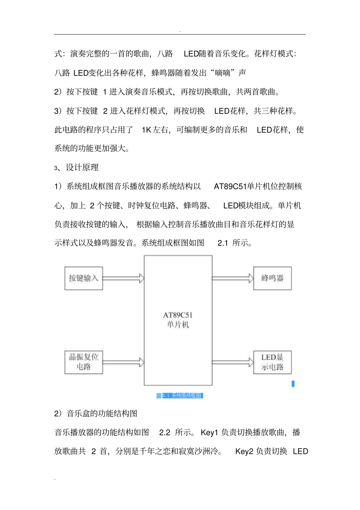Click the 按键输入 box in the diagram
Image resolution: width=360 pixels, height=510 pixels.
(x=83, y=278)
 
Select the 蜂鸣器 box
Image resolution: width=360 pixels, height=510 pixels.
(x=272, y=278)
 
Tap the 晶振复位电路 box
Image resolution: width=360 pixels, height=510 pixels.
(x=83, y=362)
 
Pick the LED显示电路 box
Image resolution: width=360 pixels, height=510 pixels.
(x=272, y=362)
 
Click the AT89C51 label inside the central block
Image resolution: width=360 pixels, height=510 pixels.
(x=178, y=315)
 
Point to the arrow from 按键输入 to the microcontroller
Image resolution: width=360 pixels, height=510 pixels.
(x=123, y=278)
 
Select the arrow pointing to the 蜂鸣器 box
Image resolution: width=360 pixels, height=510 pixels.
(x=232, y=278)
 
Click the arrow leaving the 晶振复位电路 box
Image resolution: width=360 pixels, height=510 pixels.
(x=123, y=362)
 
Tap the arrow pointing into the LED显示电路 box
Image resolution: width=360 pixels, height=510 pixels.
(x=232, y=362)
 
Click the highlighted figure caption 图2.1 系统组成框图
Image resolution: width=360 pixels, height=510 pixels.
(x=180, y=395)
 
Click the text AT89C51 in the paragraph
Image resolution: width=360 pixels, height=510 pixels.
(x=230, y=187)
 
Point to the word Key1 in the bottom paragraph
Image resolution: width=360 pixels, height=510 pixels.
(x=210, y=433)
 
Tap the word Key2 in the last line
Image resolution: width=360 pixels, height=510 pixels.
(x=244, y=452)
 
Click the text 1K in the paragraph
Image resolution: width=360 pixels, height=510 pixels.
(x=147, y=130)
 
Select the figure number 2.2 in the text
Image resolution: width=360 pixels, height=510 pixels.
(x=164, y=433)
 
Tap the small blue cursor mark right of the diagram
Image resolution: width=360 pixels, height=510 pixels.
(x=293, y=384)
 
